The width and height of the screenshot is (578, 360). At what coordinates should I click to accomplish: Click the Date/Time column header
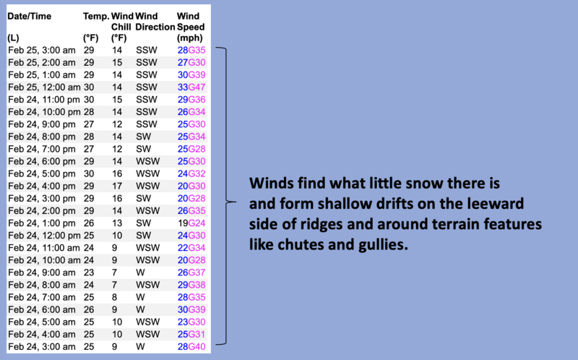point(29,16)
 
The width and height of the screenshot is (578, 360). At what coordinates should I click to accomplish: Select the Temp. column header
point(96,16)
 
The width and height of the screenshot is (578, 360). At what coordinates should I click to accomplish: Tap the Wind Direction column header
point(155,22)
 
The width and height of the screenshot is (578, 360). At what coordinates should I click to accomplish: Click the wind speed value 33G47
point(191,87)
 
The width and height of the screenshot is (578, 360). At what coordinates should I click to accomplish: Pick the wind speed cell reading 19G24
point(191,223)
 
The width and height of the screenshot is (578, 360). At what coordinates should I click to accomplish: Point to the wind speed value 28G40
point(191,347)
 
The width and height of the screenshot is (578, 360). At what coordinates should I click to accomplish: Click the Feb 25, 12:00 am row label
point(44,87)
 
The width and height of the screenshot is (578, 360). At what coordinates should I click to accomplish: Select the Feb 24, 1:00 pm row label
point(42,223)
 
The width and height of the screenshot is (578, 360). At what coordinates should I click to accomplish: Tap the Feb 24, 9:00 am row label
point(42,273)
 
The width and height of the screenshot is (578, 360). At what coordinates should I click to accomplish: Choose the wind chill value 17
point(117,186)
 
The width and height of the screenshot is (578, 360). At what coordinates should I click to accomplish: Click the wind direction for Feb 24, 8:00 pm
point(143,137)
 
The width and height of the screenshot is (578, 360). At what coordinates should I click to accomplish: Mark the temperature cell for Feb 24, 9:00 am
point(88,273)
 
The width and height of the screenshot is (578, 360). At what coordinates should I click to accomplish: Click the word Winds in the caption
point(272,183)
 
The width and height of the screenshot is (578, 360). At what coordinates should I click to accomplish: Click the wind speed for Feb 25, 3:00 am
point(191,50)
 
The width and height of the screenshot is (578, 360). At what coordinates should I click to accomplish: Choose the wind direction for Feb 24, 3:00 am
point(140,347)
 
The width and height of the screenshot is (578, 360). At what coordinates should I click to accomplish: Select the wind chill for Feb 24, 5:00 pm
point(117,173)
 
